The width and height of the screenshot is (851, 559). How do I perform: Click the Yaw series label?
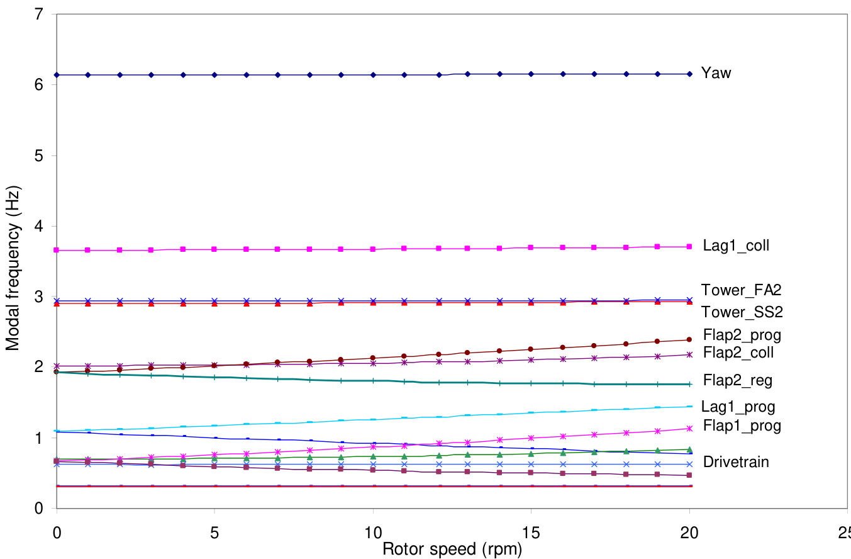point(718,73)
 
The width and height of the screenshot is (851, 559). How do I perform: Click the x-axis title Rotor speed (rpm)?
point(452,549)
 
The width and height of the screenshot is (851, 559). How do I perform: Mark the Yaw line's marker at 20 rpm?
point(690,74)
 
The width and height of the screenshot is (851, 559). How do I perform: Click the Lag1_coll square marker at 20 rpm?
point(690,246)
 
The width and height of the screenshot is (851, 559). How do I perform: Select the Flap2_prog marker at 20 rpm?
point(690,339)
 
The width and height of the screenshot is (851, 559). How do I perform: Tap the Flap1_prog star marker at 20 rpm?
point(690,428)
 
